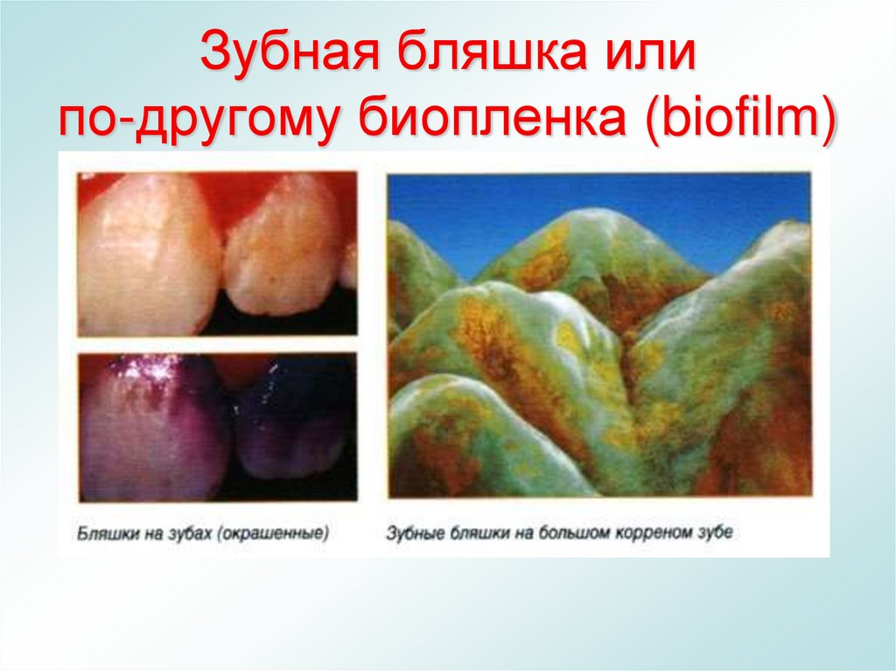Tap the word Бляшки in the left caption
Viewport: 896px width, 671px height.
(x=104, y=532)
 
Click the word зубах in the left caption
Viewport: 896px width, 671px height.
(x=191, y=532)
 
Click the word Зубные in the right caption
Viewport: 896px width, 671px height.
(x=415, y=532)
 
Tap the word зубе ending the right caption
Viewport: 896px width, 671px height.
(x=716, y=532)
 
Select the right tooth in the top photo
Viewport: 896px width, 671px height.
(x=284, y=249)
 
